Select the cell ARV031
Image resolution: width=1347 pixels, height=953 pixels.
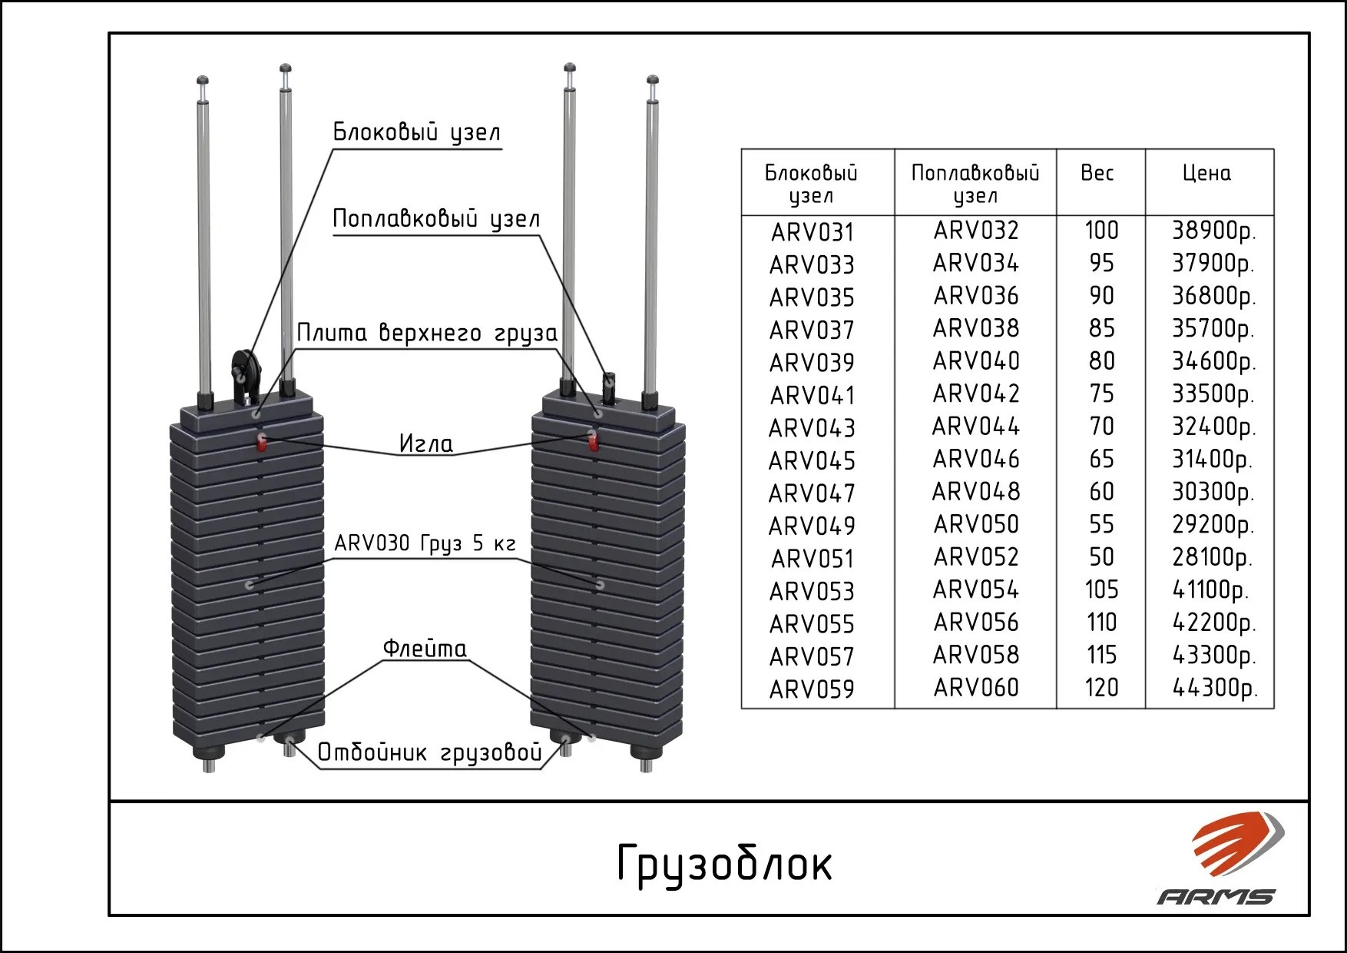(813, 232)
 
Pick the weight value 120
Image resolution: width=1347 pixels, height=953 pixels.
(1101, 687)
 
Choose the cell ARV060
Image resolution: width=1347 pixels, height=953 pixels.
(976, 687)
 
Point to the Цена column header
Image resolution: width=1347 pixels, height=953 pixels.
(1206, 173)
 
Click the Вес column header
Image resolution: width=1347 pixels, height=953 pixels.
(1097, 173)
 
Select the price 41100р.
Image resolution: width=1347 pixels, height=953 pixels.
(1210, 589)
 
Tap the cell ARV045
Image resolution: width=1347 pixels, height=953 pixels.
(813, 460)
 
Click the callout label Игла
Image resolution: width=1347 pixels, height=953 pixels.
(426, 443)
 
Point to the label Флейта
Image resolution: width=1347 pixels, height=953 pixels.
(425, 649)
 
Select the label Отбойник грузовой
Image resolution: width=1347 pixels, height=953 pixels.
(430, 752)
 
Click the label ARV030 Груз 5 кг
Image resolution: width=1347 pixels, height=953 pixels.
(425, 544)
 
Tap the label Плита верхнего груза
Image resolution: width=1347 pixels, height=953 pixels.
(427, 334)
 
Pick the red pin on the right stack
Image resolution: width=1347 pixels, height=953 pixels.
(592, 442)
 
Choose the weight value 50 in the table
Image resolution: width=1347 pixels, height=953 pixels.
(1101, 556)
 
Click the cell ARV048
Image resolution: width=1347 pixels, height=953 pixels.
(976, 491)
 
